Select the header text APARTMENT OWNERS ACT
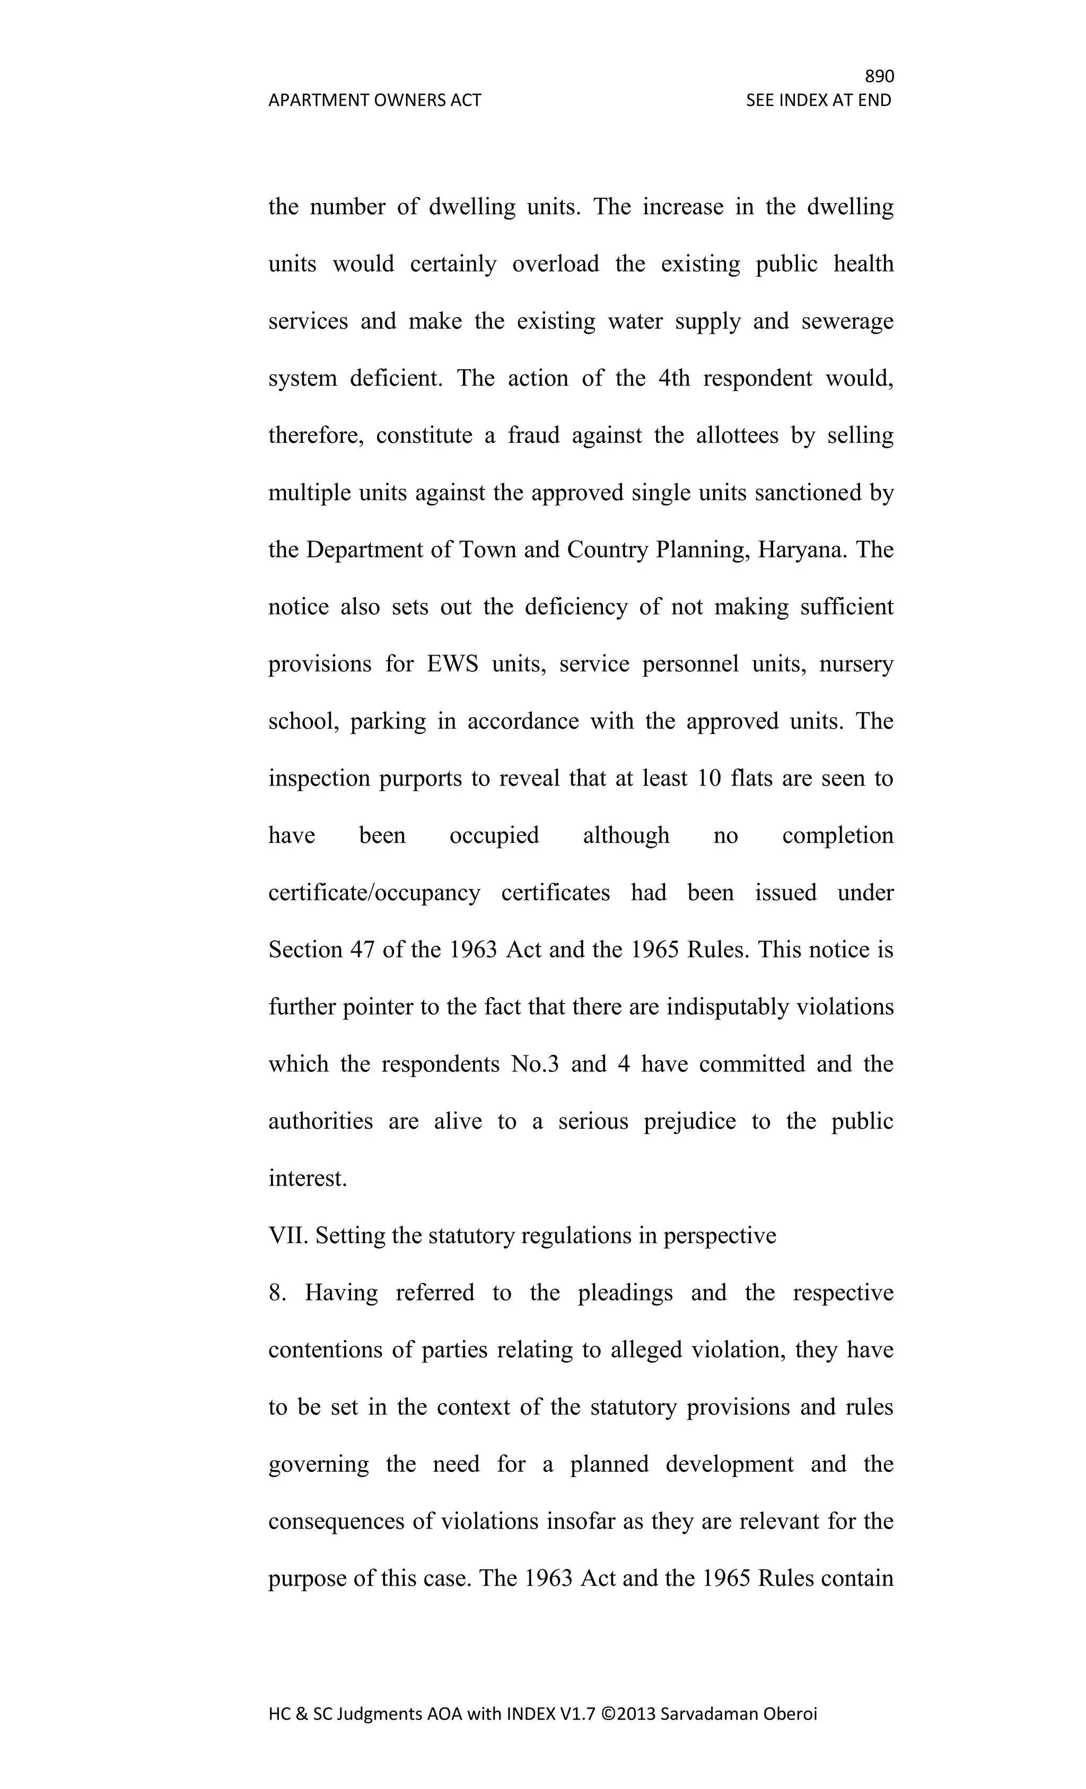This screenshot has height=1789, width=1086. coord(374,100)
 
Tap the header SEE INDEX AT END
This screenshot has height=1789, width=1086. coord(818,100)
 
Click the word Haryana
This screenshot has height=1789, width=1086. coord(801,549)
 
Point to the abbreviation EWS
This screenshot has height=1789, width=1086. coord(452,664)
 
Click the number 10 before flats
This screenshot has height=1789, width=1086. coord(708,778)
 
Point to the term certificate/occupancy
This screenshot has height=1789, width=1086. coord(374,892)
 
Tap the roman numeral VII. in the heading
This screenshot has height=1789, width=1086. coord(288,1235)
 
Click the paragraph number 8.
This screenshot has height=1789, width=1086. coord(277,1293)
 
